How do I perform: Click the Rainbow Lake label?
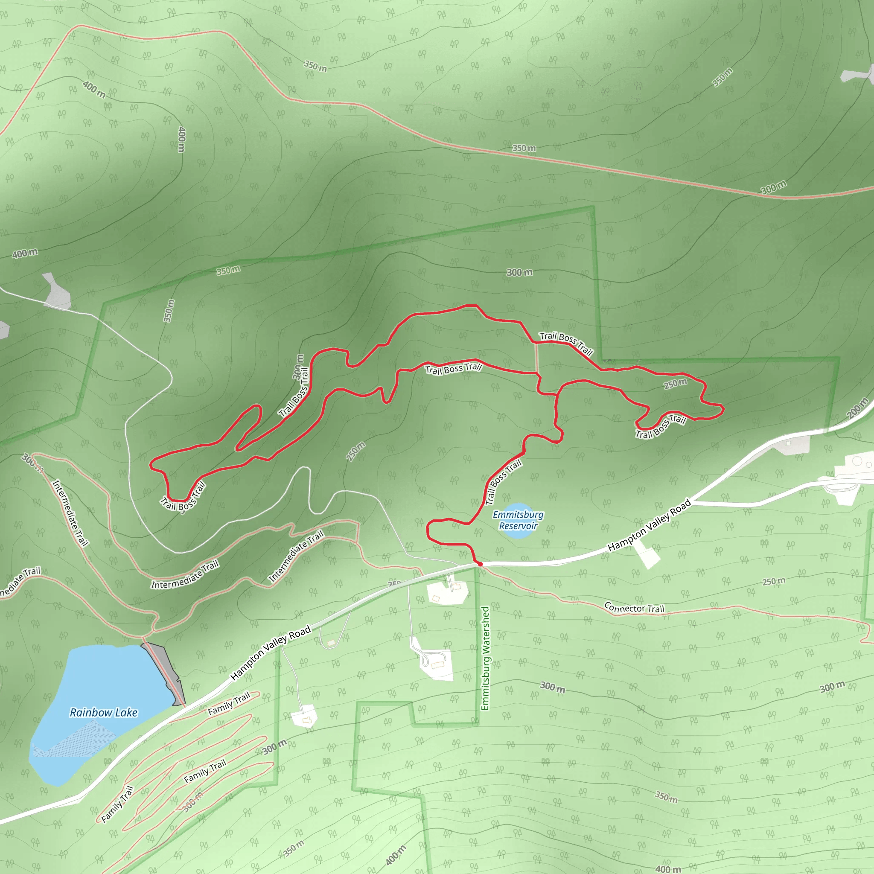click(103, 713)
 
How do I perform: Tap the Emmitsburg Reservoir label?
click(518, 520)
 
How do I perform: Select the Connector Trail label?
click(634, 608)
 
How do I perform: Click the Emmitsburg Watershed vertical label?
click(485, 658)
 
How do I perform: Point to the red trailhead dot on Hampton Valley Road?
click(480, 564)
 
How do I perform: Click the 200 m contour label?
click(858, 408)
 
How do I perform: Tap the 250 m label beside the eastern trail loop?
click(676, 384)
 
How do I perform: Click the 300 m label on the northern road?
click(774, 187)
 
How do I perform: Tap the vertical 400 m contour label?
click(181, 139)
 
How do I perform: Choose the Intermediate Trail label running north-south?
click(70, 513)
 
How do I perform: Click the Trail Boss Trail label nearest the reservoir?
click(503, 482)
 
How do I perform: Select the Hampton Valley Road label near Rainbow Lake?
click(271, 653)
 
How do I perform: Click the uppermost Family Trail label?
click(229, 704)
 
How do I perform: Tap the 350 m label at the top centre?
click(315, 66)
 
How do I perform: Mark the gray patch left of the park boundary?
click(57, 292)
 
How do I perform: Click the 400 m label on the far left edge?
click(25, 253)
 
